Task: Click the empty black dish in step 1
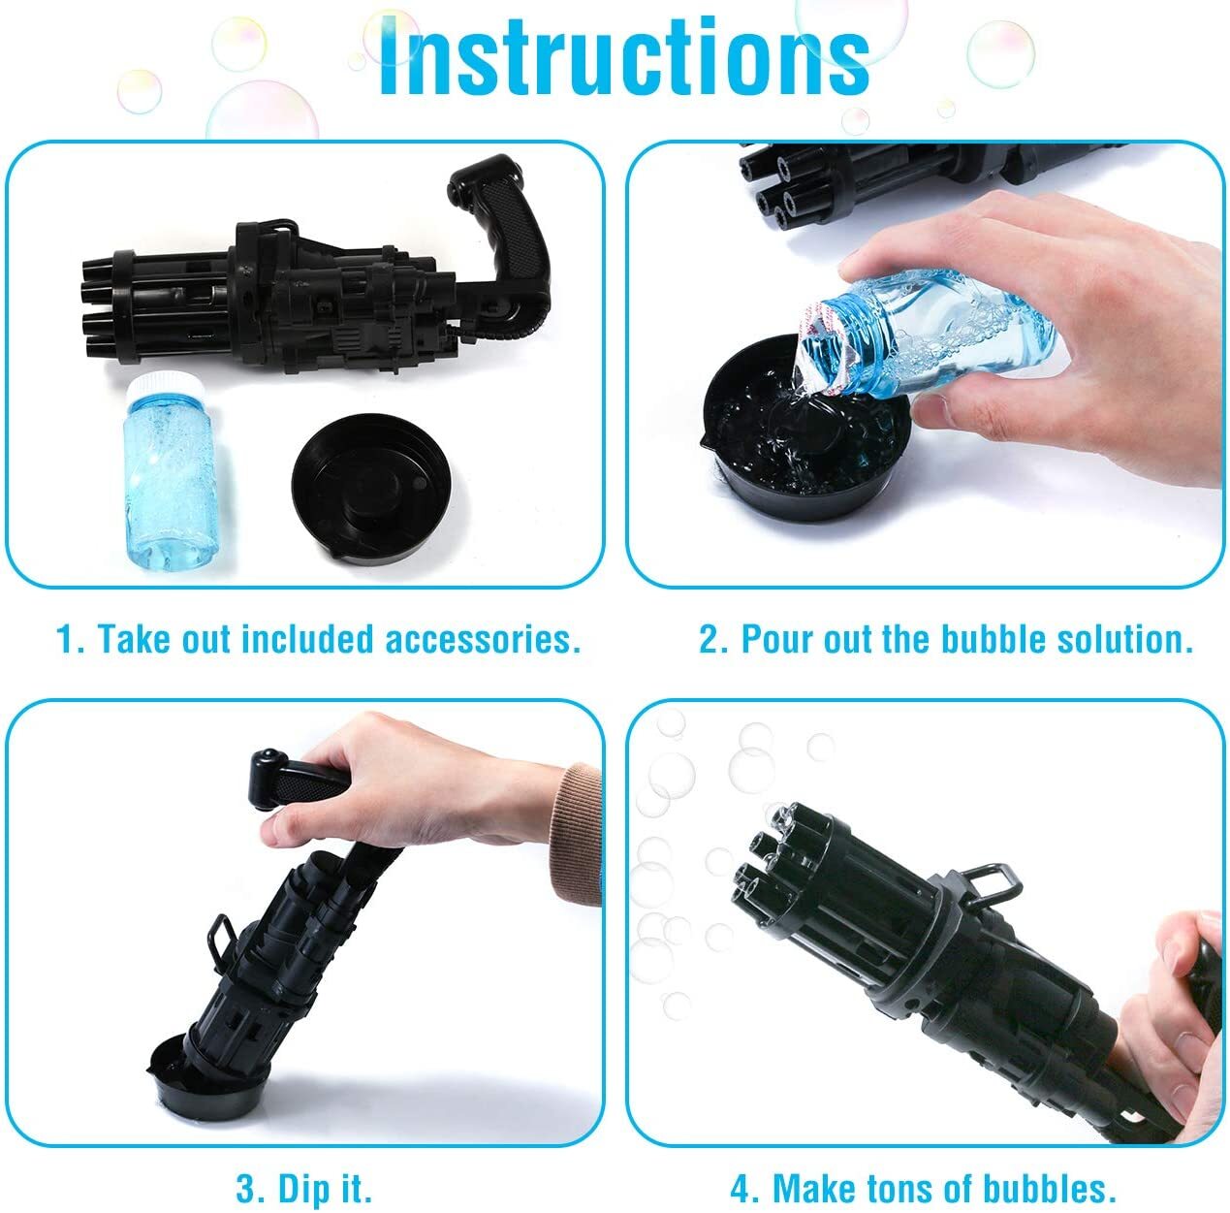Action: (x=372, y=488)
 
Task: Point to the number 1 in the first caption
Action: (x=66, y=639)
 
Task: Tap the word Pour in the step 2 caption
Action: (x=778, y=639)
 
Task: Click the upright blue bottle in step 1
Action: (x=169, y=472)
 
